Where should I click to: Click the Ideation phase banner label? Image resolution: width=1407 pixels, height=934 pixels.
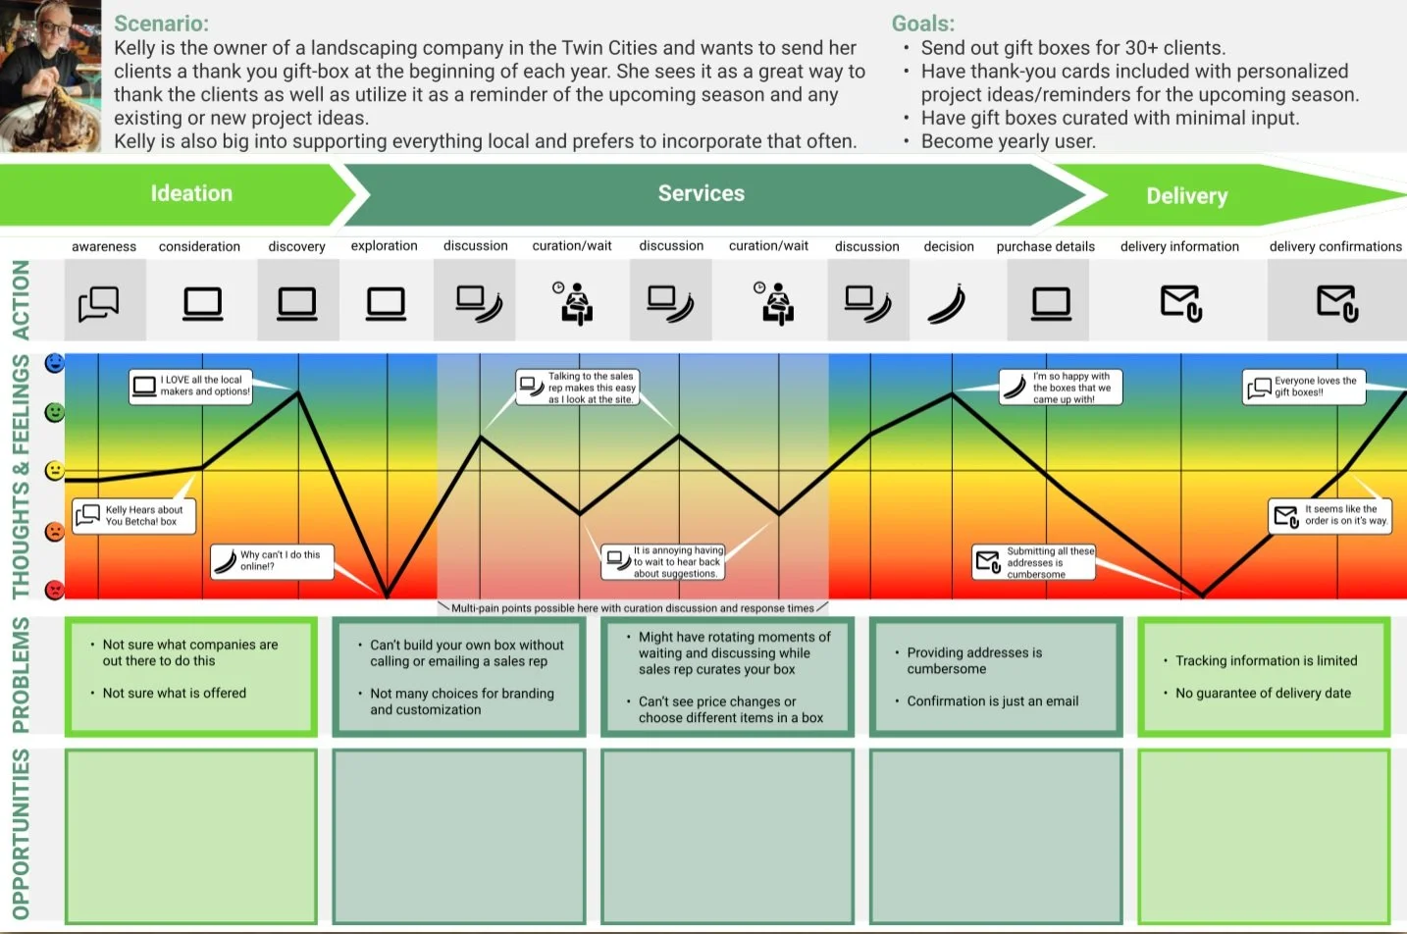[x=191, y=193]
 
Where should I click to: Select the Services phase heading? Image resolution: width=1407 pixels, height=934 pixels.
[x=701, y=193]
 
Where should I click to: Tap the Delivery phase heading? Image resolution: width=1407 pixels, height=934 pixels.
[x=1186, y=196]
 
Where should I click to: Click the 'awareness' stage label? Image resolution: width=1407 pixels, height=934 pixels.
[x=104, y=247]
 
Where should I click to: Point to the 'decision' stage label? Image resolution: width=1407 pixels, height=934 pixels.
[x=948, y=247]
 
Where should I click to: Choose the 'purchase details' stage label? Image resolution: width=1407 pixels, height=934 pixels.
[x=1045, y=247]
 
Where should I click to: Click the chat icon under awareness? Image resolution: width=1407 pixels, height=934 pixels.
[x=99, y=303]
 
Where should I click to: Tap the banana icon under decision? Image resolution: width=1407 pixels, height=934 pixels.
[x=947, y=303]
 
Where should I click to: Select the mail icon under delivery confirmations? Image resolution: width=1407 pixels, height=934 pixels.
[x=1336, y=303]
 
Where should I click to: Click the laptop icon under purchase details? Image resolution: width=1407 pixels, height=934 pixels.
[x=1051, y=303]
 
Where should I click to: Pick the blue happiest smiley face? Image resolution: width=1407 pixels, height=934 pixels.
[x=55, y=364]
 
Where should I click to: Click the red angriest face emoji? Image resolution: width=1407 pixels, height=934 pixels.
[x=55, y=590]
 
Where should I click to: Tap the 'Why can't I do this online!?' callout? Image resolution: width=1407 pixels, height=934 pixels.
[x=273, y=561]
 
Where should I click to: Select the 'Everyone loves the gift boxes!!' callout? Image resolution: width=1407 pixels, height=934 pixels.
[x=1304, y=388]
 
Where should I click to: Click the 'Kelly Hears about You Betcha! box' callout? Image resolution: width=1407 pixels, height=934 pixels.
[x=134, y=516]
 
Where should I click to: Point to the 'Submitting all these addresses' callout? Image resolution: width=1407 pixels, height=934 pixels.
[x=1035, y=562]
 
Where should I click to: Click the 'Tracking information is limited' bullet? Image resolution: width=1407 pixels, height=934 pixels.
[x=1266, y=661]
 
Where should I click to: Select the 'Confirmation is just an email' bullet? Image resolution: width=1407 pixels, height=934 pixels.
[x=992, y=701]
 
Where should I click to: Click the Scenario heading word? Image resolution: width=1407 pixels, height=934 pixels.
[x=161, y=24]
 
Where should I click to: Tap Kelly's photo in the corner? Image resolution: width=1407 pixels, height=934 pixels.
[x=50, y=76]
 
